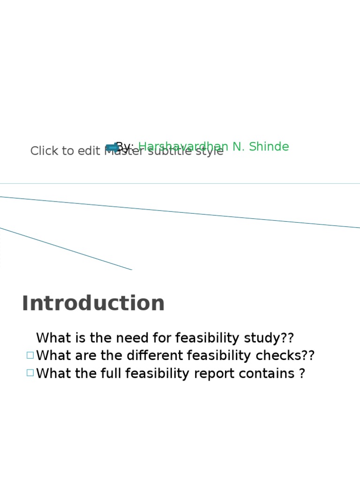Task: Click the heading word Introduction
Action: coord(93,303)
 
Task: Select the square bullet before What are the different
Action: coord(30,355)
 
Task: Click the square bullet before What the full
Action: coord(30,373)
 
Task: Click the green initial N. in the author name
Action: coord(239,147)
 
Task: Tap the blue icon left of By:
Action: coord(112,148)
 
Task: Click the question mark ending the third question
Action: coord(302,374)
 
